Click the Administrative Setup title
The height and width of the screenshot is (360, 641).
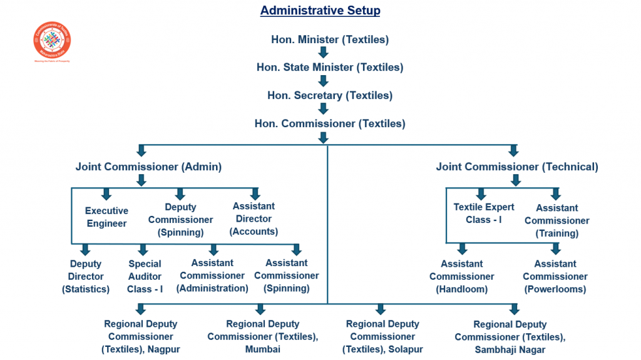click(320, 11)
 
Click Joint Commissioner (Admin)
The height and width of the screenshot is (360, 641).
click(148, 167)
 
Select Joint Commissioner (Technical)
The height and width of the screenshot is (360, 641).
click(517, 167)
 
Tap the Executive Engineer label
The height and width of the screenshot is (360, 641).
click(106, 217)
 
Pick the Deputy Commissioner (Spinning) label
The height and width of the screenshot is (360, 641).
click(180, 219)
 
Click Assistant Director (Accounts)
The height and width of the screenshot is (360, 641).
click(254, 219)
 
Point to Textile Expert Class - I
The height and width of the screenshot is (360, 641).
click(484, 213)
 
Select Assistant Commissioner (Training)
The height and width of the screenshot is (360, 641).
click(556, 220)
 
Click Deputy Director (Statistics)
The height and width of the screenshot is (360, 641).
click(86, 276)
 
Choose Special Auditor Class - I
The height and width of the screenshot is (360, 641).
click(145, 276)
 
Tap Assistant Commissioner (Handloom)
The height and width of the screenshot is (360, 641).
click(462, 276)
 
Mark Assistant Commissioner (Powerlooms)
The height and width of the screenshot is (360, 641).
click(555, 276)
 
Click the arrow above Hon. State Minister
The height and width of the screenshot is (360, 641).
click(324, 53)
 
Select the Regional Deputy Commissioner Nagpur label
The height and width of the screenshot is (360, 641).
click(141, 336)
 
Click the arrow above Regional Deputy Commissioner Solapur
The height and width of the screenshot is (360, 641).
click(380, 309)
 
